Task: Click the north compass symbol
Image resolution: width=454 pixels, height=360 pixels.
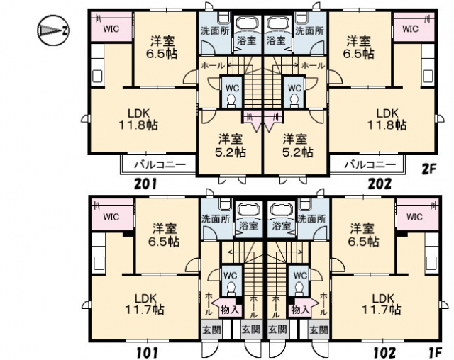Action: click(x=52, y=30)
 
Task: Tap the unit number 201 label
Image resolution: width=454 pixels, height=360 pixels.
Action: click(x=146, y=184)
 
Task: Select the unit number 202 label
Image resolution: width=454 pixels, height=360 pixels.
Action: click(x=380, y=184)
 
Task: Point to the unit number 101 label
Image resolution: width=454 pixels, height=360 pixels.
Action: click(x=147, y=353)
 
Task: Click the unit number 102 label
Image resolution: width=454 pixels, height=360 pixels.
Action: click(x=384, y=353)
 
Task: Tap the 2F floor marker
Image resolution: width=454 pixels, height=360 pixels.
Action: click(x=428, y=168)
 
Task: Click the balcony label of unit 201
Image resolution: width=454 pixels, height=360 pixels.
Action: click(x=160, y=165)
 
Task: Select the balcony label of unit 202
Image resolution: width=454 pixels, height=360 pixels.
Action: click(x=370, y=165)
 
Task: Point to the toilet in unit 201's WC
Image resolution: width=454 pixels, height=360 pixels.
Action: click(x=231, y=101)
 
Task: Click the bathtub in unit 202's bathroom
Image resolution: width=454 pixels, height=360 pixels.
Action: click(x=277, y=23)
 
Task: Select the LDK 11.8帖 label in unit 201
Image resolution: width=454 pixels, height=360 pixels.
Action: click(x=138, y=119)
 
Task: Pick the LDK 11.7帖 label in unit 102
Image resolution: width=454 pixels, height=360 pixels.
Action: click(x=382, y=303)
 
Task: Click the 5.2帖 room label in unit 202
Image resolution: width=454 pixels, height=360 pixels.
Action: click(x=296, y=146)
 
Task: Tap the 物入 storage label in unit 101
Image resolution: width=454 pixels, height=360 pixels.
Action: click(x=230, y=310)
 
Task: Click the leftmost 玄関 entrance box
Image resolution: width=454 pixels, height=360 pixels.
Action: click(x=211, y=330)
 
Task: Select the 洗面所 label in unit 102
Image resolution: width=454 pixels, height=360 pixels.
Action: click(x=312, y=218)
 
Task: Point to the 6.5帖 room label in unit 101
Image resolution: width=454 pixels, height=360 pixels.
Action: click(x=165, y=235)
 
